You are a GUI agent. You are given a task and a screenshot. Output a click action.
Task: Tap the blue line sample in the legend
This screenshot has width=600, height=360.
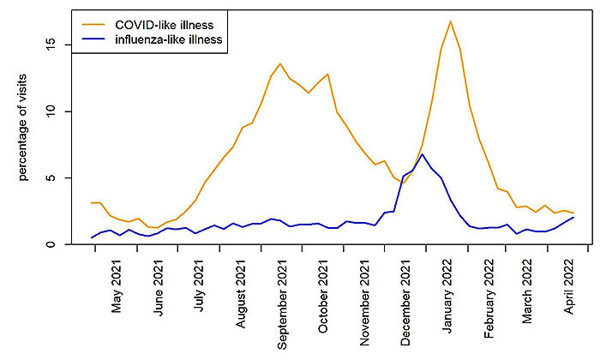(x=90, y=39)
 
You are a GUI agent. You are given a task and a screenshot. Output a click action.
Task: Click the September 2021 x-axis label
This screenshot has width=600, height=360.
(x=284, y=304)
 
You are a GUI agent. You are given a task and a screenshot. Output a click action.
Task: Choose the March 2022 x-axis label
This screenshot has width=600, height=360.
(x=529, y=296)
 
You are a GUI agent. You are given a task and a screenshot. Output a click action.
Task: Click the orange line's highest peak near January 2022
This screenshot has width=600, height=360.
(x=450, y=21)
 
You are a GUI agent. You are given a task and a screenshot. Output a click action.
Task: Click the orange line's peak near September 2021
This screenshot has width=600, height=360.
(x=280, y=63)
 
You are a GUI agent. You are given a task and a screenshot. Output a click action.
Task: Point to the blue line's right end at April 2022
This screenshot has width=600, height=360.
(x=573, y=217)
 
